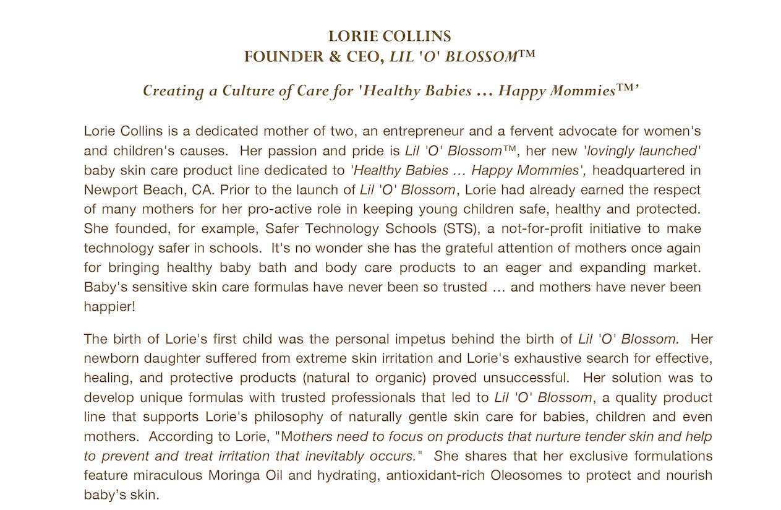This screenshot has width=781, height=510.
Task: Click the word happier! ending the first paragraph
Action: (109, 306)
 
